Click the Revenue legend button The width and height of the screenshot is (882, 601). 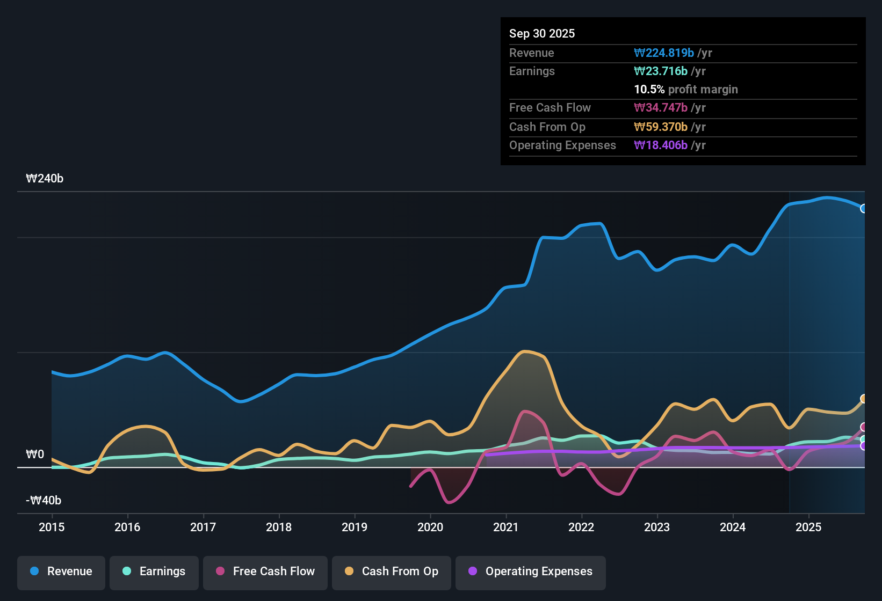coord(61,571)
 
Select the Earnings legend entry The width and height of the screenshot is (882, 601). coord(154,571)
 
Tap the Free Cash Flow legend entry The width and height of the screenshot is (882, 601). coord(265,571)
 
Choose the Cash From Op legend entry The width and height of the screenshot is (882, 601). coord(392,571)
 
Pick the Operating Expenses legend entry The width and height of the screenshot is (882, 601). coord(531,571)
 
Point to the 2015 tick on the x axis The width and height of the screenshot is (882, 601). coord(52,527)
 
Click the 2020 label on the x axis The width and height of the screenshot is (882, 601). coord(430,527)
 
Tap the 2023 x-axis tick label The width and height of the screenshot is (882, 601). coord(657,527)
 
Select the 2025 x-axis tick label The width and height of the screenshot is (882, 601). coord(808,527)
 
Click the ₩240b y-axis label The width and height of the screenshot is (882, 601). coord(45,179)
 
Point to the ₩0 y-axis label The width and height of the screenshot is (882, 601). coord(35,455)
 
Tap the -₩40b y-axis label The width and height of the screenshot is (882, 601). coord(44,501)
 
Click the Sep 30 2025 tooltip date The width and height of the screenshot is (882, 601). coord(542,33)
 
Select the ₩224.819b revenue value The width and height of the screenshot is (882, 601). coord(664,53)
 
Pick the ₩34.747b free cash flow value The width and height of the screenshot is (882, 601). coord(661,107)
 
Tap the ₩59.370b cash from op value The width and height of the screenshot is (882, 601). coord(661,127)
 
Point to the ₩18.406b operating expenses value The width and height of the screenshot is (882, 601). coord(661,145)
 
